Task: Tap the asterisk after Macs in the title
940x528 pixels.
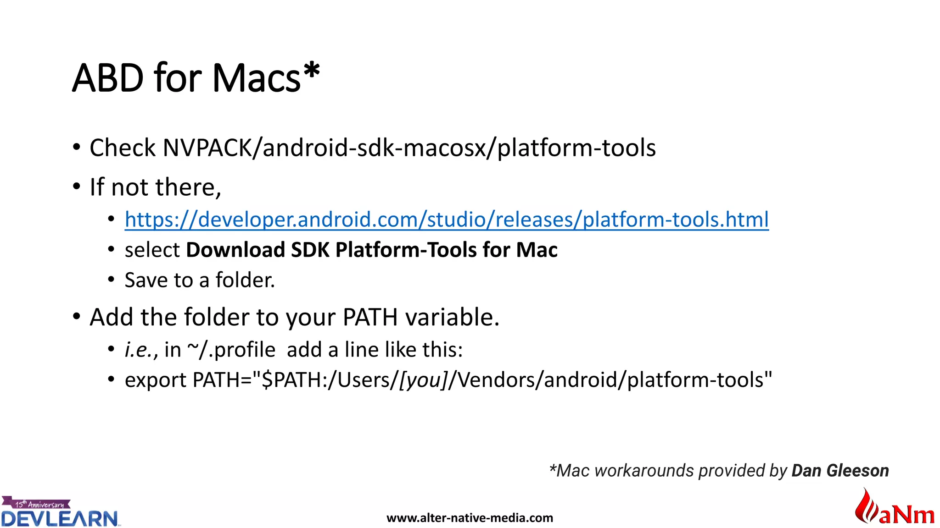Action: [312, 71]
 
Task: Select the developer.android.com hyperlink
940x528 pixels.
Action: [447, 220]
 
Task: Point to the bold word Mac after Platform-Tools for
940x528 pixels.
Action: [537, 250]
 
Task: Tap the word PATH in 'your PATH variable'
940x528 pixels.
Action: [370, 317]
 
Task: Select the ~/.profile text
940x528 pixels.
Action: [231, 350]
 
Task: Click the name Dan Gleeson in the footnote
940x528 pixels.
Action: [840, 471]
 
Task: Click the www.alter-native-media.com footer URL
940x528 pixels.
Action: [470, 518]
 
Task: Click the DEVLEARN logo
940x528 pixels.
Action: [60, 518]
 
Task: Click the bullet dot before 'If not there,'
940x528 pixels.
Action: [77, 187]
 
